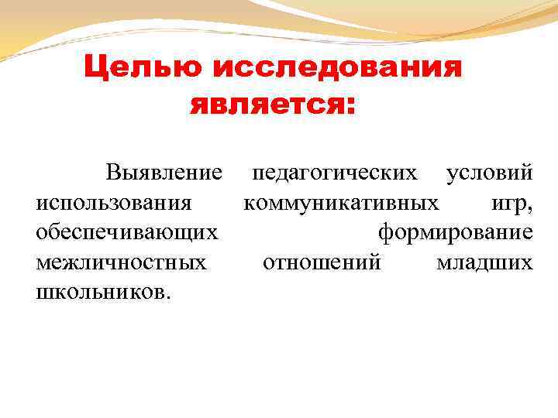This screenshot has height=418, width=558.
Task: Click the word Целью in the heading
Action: click(143, 68)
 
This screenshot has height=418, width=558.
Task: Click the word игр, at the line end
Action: click(511, 204)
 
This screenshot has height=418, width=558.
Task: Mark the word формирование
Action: click(455, 232)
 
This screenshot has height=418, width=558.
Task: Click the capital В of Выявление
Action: click(114, 172)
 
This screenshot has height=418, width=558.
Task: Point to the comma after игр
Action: click(530, 208)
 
